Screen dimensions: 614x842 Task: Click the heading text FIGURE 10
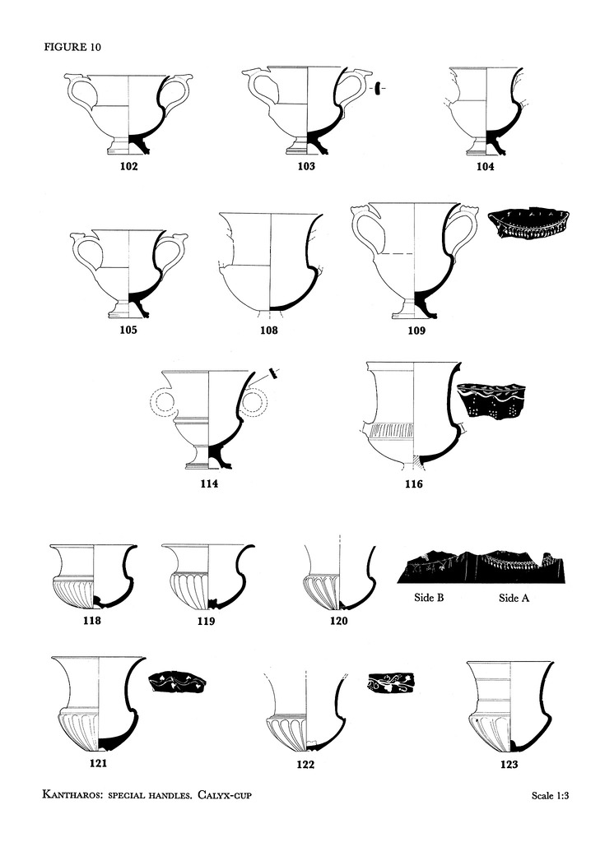72,47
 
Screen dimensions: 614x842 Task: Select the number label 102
128,166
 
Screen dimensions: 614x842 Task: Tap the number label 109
416,331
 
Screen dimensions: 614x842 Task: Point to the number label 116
413,483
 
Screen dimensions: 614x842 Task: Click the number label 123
509,764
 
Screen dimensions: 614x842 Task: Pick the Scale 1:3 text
550,795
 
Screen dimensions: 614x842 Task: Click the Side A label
514,598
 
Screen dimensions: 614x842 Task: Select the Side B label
429,597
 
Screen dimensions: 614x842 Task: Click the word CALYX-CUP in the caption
224,794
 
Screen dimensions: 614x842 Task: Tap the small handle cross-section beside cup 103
378,87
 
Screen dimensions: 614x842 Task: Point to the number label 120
339,621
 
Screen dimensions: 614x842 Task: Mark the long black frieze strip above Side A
481,567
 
